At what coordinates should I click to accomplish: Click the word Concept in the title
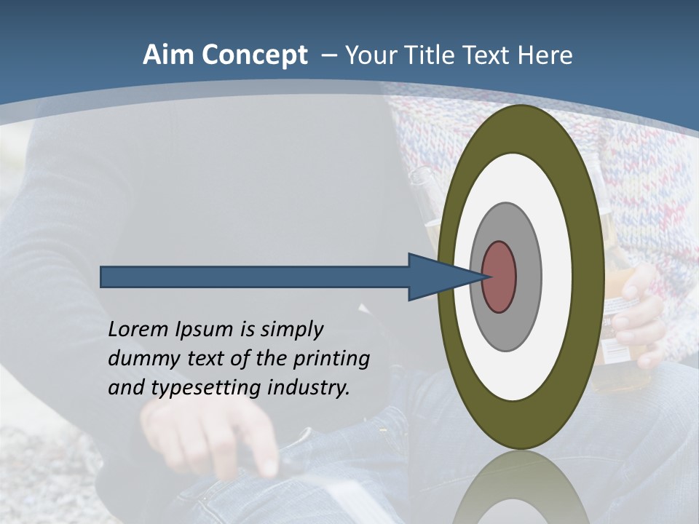click(x=255, y=56)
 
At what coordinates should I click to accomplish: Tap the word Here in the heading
click(x=545, y=56)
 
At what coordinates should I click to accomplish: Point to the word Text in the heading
click(x=487, y=56)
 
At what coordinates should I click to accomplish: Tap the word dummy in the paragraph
click(x=141, y=359)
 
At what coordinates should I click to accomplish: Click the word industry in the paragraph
click(x=309, y=388)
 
